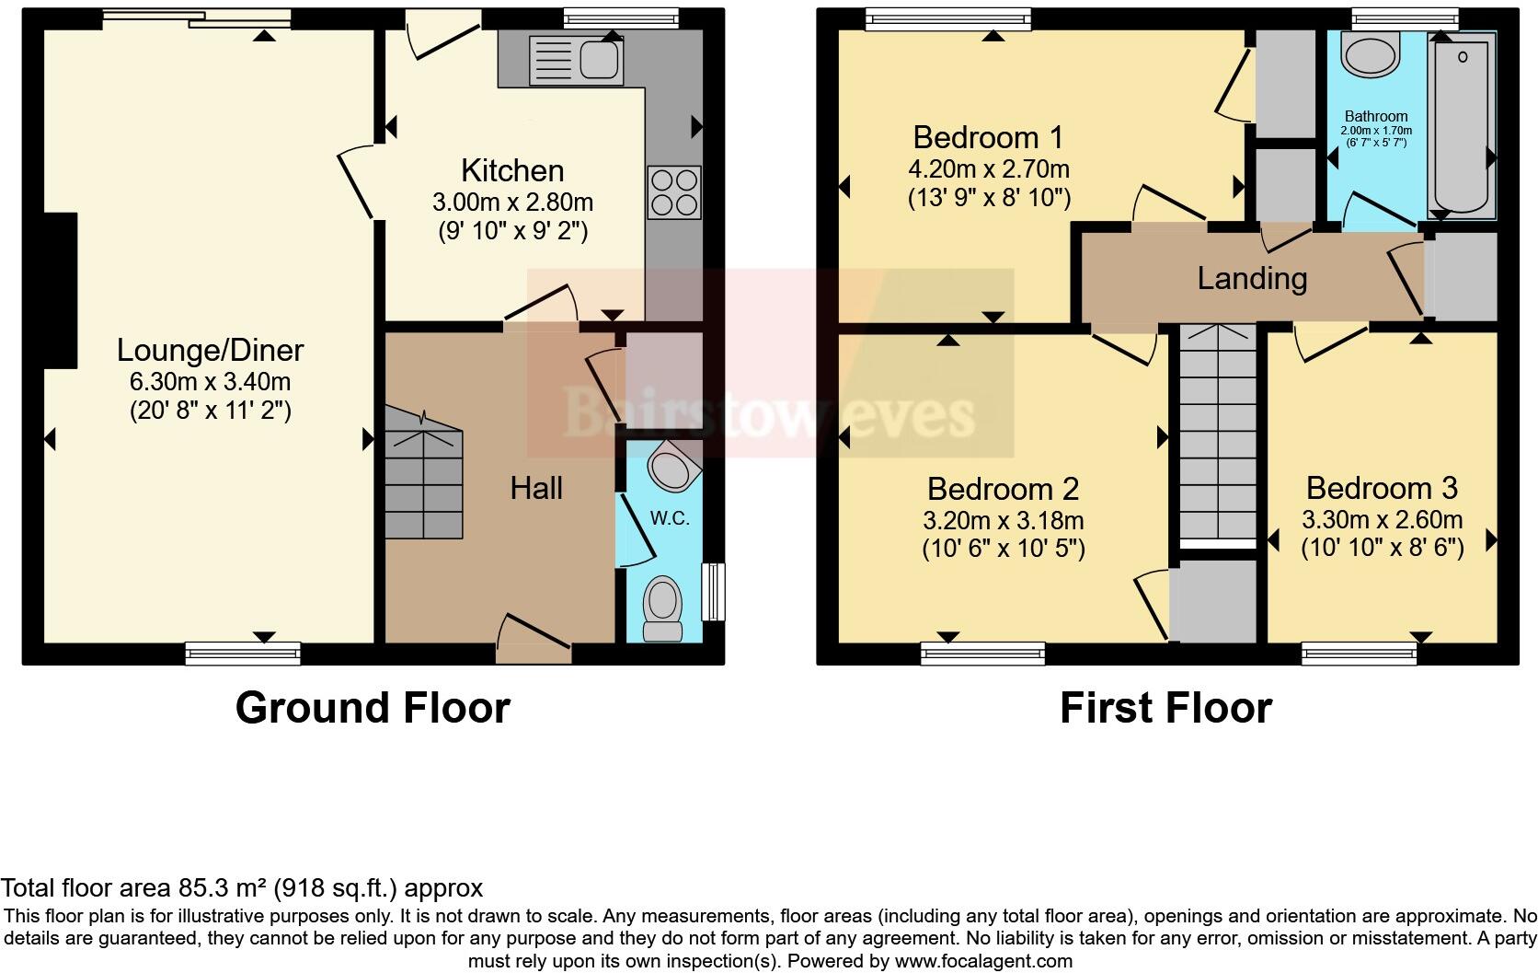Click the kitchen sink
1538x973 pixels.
(577, 60)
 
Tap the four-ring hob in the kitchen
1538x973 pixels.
(674, 192)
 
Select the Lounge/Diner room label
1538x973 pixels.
(210, 351)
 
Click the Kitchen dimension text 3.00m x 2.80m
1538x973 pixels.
(512, 202)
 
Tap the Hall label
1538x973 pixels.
(536, 488)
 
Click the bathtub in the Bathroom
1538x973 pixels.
(1462, 124)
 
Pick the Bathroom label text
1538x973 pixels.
(1376, 116)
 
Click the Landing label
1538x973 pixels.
(1252, 278)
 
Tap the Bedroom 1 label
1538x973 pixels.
(988, 138)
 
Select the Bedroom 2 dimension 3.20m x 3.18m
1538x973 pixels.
(1003, 520)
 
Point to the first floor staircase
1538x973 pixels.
(1217, 433)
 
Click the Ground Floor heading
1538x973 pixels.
(373, 708)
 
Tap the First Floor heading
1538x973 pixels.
(1165, 708)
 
